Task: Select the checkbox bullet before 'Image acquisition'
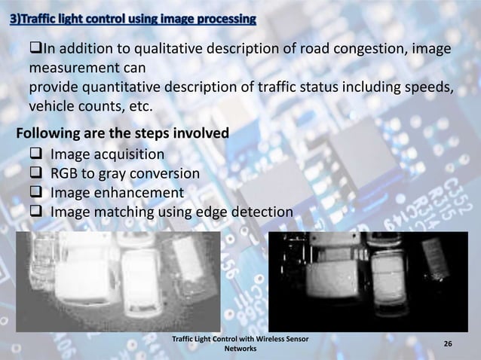[x=35, y=155]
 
